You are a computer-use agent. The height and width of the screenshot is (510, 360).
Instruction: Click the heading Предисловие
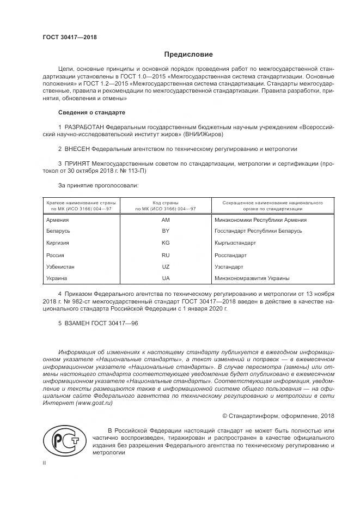coord(188,54)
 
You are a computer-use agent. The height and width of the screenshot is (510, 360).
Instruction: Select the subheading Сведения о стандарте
coord(91,112)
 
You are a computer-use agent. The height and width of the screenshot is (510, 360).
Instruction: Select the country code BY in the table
coord(166,232)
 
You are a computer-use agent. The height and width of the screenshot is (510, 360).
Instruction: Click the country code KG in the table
coord(166,243)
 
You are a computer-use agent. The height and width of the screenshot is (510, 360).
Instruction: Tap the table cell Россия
coord(56,255)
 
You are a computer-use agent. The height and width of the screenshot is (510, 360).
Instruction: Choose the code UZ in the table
coord(166,266)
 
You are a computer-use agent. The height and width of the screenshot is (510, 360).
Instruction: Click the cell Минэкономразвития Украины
coord(252,278)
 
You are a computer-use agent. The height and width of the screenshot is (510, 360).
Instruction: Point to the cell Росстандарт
coord(231,255)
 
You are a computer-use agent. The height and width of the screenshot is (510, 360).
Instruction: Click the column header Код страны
coord(166,203)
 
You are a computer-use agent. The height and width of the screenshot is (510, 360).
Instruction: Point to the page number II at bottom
coord(45,463)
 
